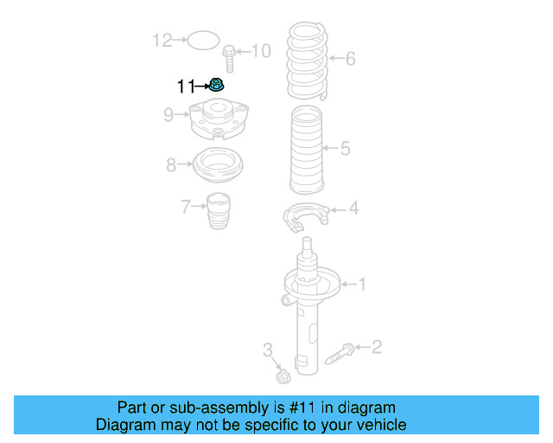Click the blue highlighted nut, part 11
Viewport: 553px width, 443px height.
point(217,85)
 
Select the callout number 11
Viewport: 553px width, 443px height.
point(185,86)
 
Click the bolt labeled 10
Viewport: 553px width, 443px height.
point(230,59)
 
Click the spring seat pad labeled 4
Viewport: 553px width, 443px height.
point(307,215)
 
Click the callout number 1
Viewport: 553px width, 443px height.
point(363,283)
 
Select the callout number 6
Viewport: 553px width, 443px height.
point(350,59)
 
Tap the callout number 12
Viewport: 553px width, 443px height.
point(162,40)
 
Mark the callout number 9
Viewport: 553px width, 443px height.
point(169,112)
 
